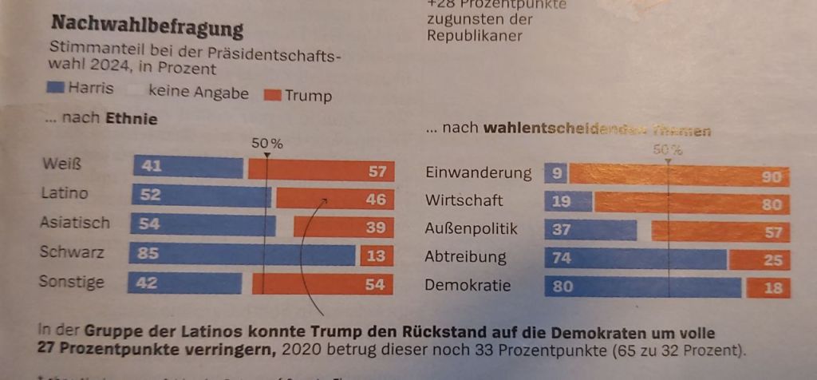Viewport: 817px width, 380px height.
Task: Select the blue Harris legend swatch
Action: pos(57,89)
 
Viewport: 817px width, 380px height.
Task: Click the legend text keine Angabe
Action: pos(198,93)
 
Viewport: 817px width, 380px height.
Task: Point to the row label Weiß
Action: pos(62,164)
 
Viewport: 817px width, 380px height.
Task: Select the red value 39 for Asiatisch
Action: pos(375,227)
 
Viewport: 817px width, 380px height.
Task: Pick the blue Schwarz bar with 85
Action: pos(239,255)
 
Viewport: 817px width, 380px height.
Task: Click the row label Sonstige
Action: pos(72,282)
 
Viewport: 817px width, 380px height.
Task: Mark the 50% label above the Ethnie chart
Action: pos(267,144)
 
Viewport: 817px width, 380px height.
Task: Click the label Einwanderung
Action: pos(478,173)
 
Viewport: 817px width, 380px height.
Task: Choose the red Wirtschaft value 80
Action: pos(771,204)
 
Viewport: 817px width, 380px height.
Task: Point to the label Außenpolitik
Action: pos(471,229)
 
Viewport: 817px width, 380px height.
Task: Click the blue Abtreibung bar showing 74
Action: pos(634,259)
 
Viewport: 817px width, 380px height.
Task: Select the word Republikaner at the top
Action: pos(474,36)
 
